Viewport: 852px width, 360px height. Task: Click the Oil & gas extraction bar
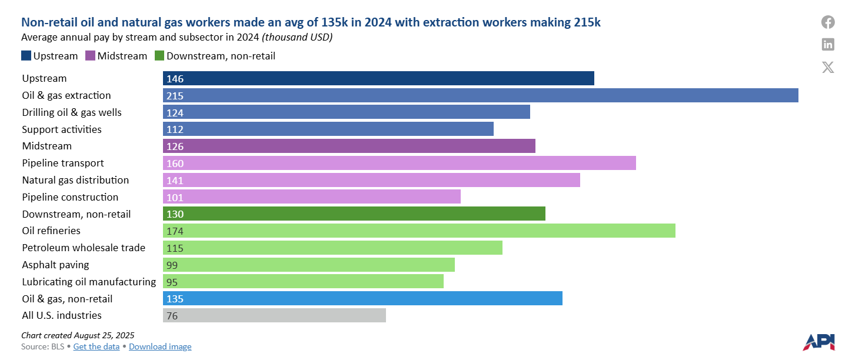click(480, 95)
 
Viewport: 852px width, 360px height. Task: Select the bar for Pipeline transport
click(399, 163)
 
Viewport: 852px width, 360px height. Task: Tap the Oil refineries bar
click(419, 231)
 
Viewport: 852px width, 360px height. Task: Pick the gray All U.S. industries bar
click(274, 316)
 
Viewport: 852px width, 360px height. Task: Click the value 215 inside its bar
click(175, 96)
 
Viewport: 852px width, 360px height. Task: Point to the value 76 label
click(172, 316)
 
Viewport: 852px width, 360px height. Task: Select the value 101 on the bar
click(175, 197)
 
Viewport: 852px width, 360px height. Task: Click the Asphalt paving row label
click(55, 265)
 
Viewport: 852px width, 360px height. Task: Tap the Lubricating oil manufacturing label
click(89, 282)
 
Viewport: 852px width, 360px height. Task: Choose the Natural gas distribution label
click(75, 180)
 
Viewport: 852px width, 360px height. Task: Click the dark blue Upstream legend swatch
click(26, 56)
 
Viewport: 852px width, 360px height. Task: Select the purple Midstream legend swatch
click(91, 56)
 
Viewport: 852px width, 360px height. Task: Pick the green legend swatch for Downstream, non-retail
click(159, 56)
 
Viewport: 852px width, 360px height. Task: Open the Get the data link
click(96, 346)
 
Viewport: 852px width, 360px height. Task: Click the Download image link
click(160, 346)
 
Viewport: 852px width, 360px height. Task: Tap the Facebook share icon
click(828, 22)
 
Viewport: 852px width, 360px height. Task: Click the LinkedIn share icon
click(828, 44)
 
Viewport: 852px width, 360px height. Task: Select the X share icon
click(828, 66)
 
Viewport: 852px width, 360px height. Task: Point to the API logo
click(818, 342)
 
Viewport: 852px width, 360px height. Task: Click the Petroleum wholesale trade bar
click(332, 248)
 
